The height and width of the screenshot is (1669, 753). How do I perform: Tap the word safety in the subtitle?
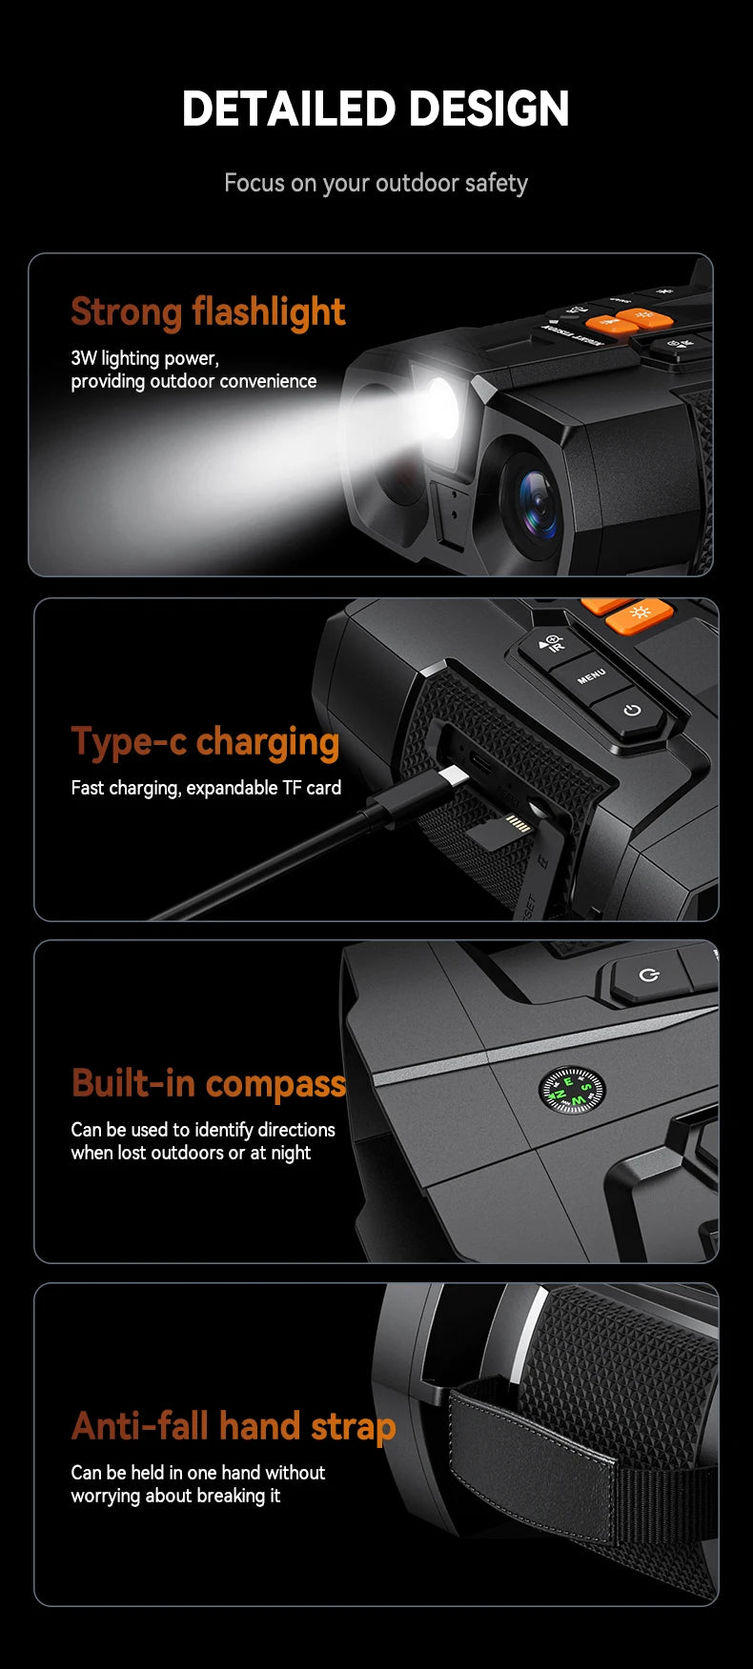(x=497, y=183)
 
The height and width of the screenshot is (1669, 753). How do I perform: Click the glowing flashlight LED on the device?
(x=441, y=407)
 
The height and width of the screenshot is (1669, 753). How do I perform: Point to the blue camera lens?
(x=537, y=504)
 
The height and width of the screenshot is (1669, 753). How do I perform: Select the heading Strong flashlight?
(x=208, y=312)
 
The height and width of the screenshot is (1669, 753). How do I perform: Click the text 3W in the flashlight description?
(x=84, y=358)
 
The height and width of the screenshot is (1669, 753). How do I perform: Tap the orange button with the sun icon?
(x=640, y=613)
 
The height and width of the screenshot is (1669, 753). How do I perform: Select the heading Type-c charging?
(x=205, y=742)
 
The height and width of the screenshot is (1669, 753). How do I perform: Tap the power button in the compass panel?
(x=650, y=976)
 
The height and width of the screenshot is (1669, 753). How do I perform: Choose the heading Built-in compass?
(x=209, y=1083)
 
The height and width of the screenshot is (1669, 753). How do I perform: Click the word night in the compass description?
(x=291, y=1153)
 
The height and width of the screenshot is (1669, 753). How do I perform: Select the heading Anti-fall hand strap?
(x=234, y=1426)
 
